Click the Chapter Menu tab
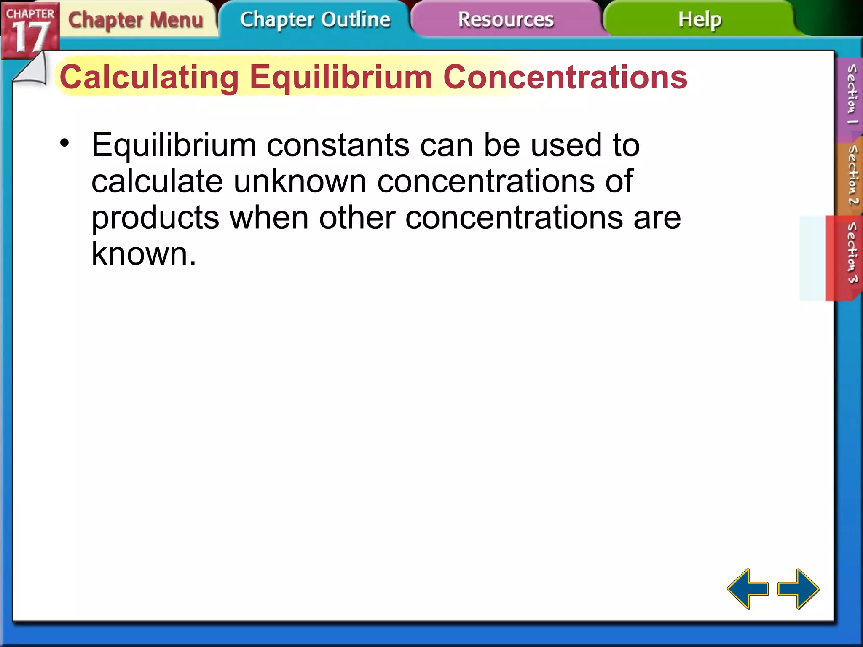tap(136, 20)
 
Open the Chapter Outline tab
tap(315, 20)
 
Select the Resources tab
tap(506, 20)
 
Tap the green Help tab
tap(700, 20)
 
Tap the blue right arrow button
tap(798, 588)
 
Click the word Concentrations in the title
tap(565, 78)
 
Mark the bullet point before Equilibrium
tap(64, 143)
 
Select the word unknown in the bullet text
tap(300, 182)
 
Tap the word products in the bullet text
tap(155, 218)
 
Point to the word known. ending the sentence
tap(144, 254)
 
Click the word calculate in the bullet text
tap(157, 182)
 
